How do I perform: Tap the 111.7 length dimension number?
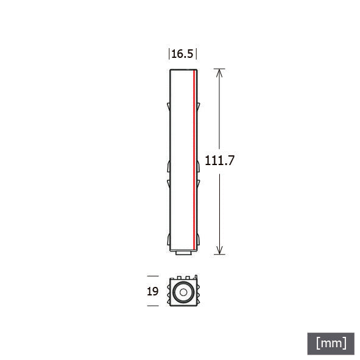point(219,160)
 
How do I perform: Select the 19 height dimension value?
point(153,291)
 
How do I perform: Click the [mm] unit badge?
point(331,344)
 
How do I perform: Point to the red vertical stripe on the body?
point(194,160)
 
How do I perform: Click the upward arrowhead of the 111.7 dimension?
point(219,73)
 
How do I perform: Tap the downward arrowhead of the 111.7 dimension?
point(220,250)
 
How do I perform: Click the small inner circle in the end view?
point(183,292)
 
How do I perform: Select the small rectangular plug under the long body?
point(184,253)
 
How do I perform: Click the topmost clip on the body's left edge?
point(169,107)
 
